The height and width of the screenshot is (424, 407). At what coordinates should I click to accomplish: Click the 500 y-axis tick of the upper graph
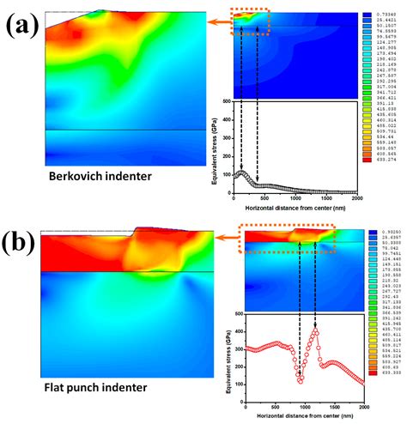pos(226,101)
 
